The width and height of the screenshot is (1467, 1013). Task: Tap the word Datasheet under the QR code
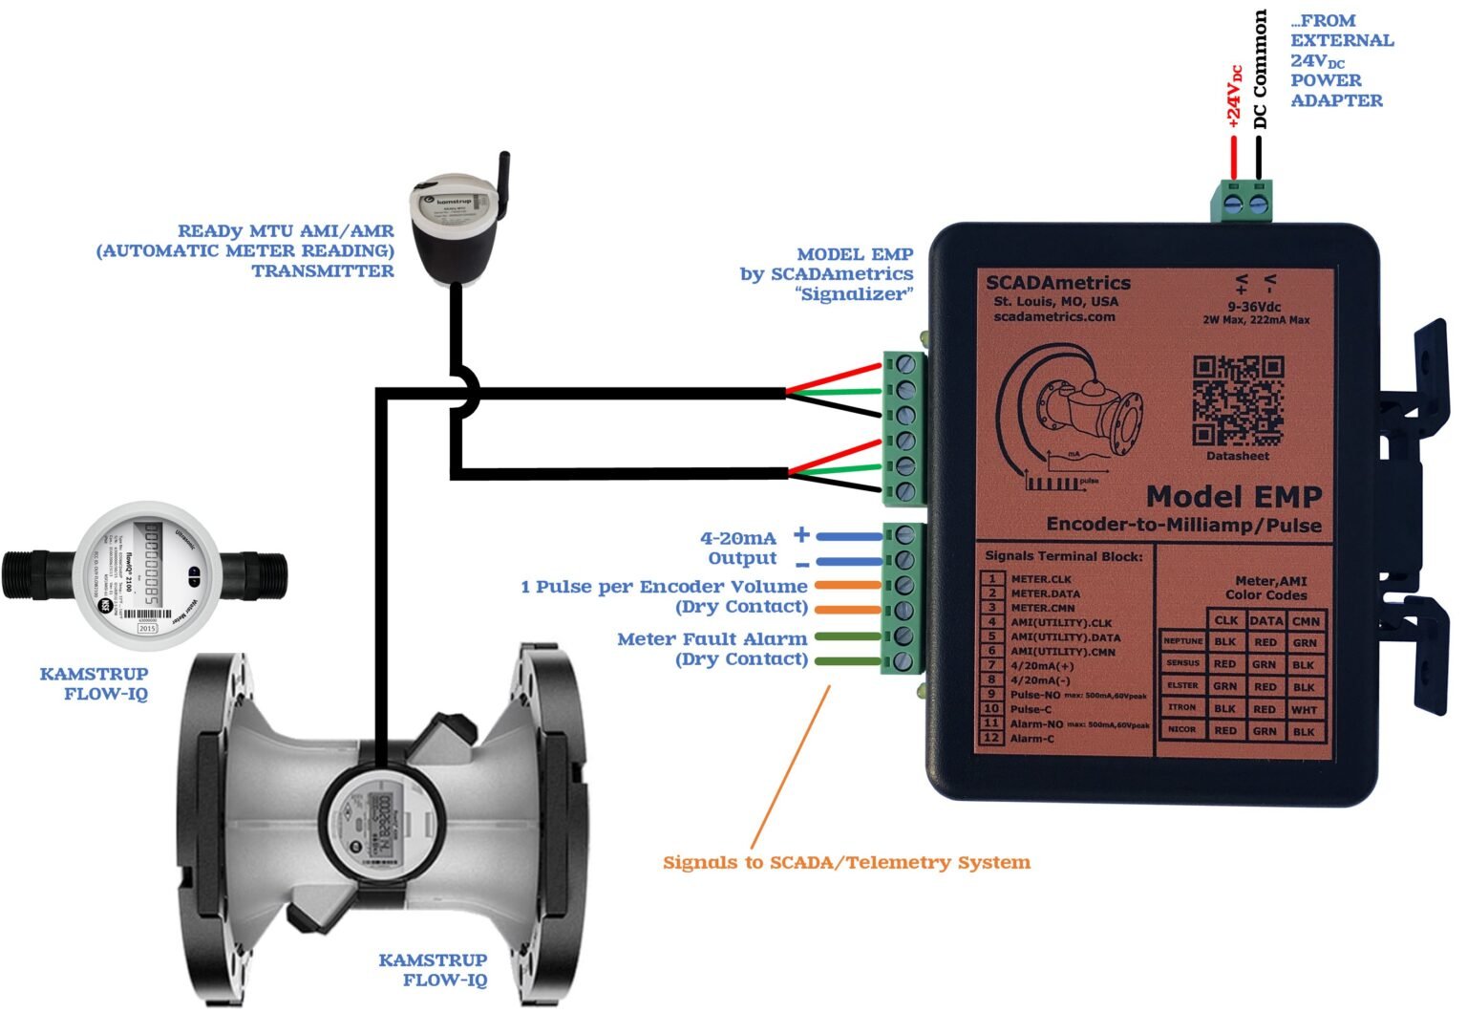[1237, 456]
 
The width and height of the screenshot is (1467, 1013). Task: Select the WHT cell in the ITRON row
[1305, 709]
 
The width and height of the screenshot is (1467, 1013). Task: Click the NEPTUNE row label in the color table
[1182, 641]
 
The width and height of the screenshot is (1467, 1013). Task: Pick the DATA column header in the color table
[1265, 620]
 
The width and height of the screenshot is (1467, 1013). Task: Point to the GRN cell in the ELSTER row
[1225, 686]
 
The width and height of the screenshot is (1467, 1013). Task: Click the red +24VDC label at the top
[1234, 96]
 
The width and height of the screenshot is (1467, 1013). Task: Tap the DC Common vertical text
[1261, 69]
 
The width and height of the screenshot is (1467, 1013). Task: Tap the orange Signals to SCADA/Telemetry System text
[846, 863]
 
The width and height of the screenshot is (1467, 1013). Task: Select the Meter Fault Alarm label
[712, 639]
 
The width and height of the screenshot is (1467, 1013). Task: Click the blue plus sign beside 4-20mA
[801, 535]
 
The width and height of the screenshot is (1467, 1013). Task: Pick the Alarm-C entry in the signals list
[1031, 738]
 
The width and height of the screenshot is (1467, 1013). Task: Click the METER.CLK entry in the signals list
[1041, 579]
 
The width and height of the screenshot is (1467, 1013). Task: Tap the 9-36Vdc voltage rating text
[1254, 306]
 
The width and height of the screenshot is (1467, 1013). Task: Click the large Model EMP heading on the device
[1233, 497]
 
